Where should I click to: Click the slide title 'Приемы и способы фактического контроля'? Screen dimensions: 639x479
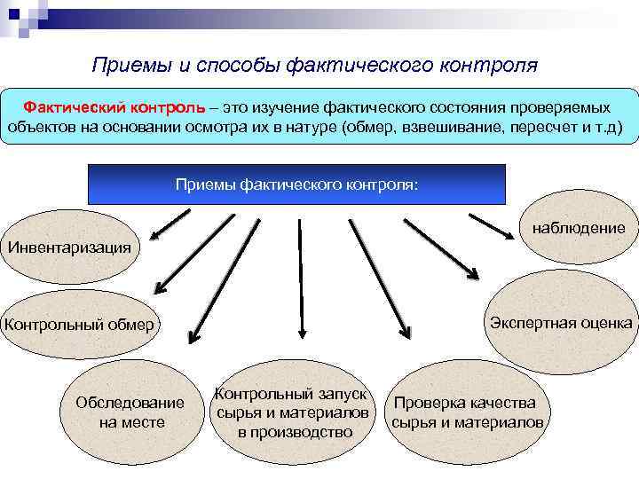point(315,66)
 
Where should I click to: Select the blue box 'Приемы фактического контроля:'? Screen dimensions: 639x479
point(296,185)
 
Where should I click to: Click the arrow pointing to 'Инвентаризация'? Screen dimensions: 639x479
point(168,224)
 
